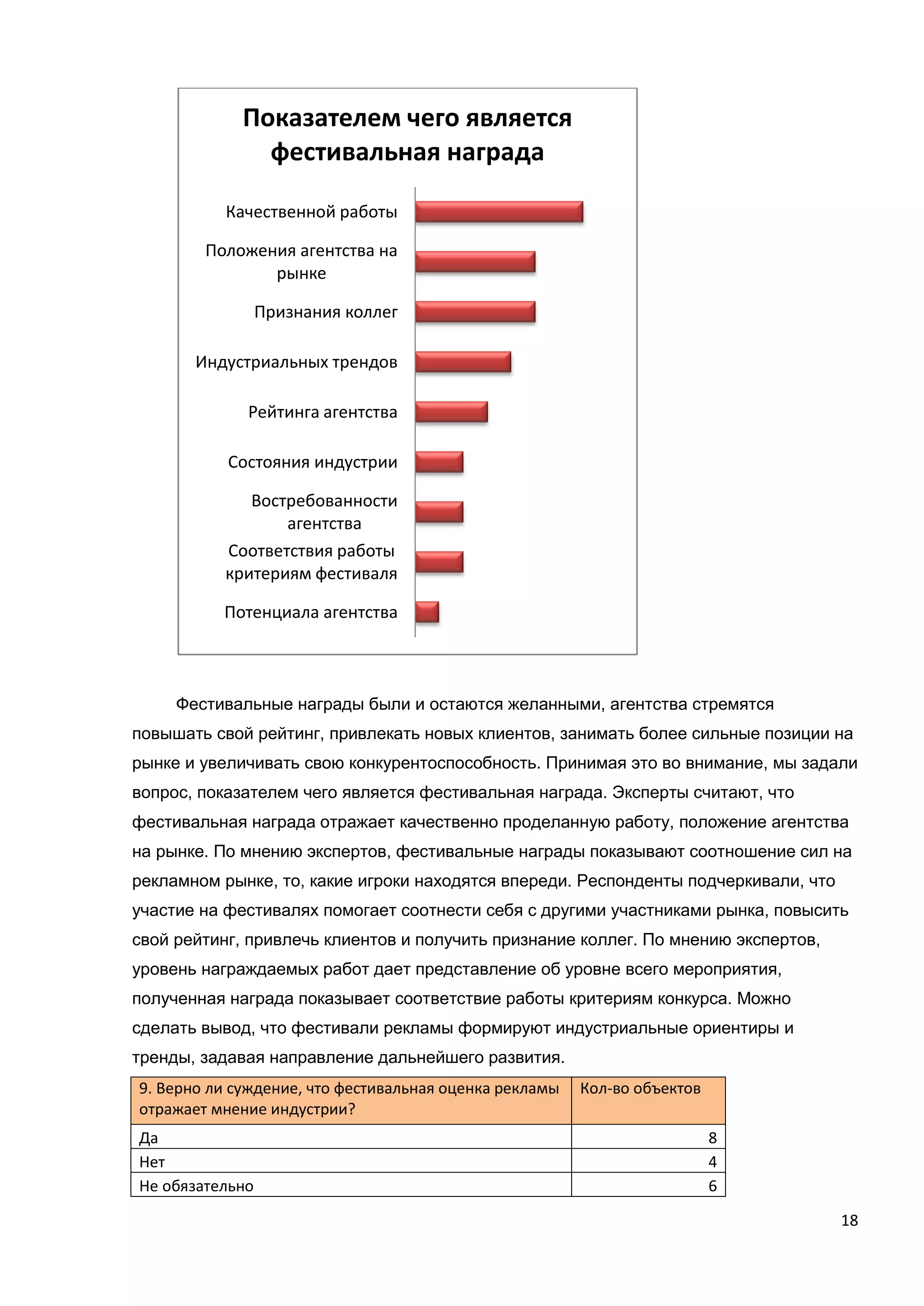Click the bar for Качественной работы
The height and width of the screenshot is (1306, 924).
tap(499, 212)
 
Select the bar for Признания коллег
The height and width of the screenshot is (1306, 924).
tap(475, 312)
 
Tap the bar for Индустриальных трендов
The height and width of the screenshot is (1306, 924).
tap(463, 362)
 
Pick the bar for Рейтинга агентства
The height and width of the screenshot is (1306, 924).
tap(451, 412)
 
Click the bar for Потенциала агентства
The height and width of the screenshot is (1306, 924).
tap(427, 612)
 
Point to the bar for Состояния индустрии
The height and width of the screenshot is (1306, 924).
tap(439, 462)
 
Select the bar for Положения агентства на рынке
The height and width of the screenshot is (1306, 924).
tap(475, 262)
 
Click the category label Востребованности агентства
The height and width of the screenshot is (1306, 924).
tap(324, 512)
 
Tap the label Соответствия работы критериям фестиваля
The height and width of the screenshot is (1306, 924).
tap(311, 562)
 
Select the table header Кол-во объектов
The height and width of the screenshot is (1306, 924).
tap(640, 1088)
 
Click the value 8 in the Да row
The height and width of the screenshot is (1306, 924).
tap(712, 1138)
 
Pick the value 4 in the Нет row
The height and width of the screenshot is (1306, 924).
tap(712, 1162)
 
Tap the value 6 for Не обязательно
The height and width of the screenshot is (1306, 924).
tap(712, 1186)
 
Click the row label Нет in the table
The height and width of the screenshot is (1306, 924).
tap(152, 1162)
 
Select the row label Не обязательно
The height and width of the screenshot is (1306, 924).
tap(196, 1186)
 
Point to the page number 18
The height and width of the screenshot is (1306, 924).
tap(849, 1220)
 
